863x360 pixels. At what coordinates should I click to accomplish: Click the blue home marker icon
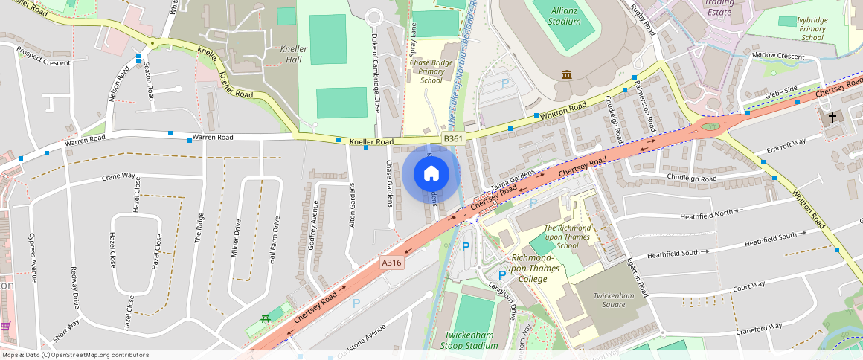tap(431, 174)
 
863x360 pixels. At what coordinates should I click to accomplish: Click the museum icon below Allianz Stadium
tap(568, 75)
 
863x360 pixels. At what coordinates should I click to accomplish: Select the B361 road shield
tap(453, 138)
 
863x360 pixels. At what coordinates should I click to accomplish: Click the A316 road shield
tap(391, 263)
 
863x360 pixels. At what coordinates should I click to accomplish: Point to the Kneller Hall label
tap(292, 54)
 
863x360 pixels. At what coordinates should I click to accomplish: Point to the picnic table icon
tap(264, 319)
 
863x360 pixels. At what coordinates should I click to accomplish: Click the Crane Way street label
tap(119, 177)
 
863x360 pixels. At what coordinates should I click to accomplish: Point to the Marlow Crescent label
tap(778, 56)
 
